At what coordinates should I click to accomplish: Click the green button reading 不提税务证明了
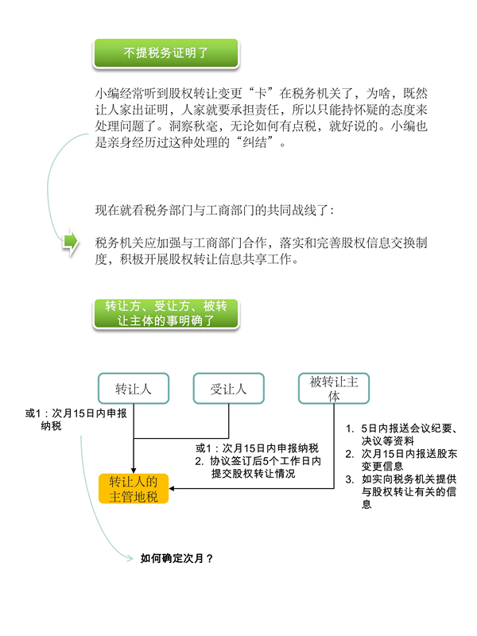[x=166, y=53]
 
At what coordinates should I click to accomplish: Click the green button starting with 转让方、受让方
[x=166, y=313]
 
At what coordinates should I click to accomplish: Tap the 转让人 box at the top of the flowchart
[x=134, y=389]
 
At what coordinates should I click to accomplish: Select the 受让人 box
[x=229, y=389]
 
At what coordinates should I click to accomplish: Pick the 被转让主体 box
[x=334, y=389]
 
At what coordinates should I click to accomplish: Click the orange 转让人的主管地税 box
[x=134, y=489]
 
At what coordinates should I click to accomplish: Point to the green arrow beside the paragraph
[x=70, y=242]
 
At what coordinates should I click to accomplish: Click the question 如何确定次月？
[x=176, y=559]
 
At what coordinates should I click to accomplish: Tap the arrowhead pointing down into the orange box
[x=134, y=471]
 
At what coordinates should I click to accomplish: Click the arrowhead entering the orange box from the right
[x=172, y=488]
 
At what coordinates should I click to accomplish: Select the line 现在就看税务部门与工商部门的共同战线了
[x=215, y=210]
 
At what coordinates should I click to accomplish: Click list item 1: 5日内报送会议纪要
[x=401, y=434]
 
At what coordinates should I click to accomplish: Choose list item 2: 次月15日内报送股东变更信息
[x=401, y=460]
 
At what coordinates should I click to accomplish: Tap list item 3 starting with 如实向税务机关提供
[x=401, y=491]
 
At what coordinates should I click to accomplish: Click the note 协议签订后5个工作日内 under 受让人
[x=258, y=467]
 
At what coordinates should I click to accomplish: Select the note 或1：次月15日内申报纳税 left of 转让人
[x=76, y=420]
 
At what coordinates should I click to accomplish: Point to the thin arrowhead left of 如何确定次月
[x=130, y=559]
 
